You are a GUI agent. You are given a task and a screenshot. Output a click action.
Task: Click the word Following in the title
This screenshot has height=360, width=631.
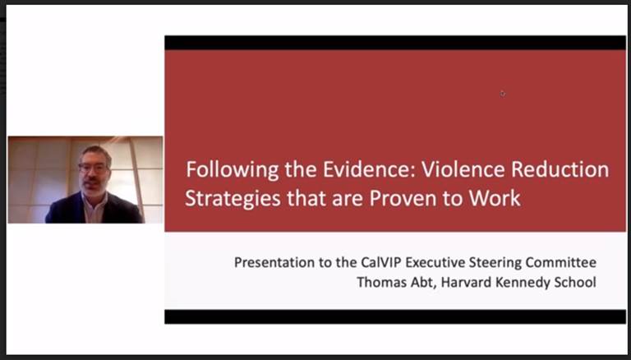click(x=232, y=169)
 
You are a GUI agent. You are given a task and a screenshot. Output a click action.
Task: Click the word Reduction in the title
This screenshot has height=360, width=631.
click(x=560, y=168)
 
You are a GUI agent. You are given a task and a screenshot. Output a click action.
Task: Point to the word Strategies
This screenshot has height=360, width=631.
click(x=233, y=199)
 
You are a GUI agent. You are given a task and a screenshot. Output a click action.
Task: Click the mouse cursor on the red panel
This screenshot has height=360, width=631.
click(x=503, y=94)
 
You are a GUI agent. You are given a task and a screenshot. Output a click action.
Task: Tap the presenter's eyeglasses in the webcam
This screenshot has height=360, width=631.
click(x=94, y=168)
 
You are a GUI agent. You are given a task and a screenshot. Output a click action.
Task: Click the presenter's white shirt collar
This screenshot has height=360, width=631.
click(x=94, y=206)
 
